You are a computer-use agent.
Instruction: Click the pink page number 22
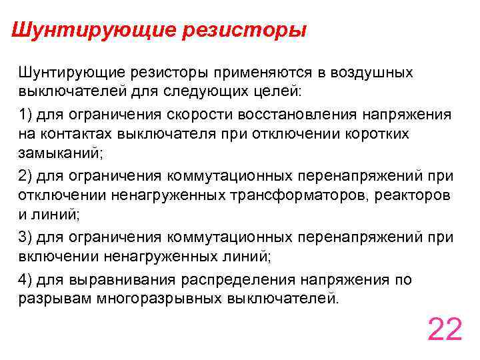(x=445, y=329)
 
